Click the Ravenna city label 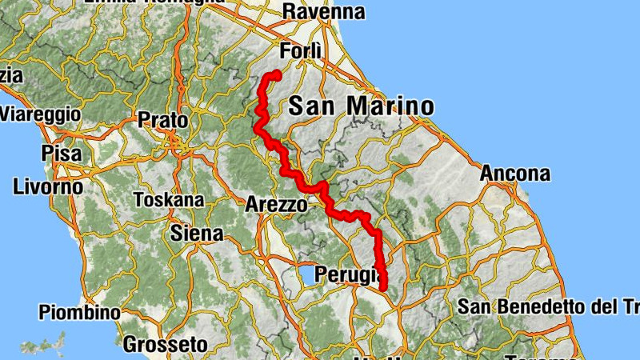323,12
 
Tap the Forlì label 301,51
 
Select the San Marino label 360,106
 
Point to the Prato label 162,120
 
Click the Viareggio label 40,114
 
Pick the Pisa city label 60,150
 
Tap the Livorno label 48,187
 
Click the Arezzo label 276,204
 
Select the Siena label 197,234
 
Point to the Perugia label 346,274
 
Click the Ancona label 515,174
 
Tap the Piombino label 79,312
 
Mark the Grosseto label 166,345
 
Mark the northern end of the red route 276,74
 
